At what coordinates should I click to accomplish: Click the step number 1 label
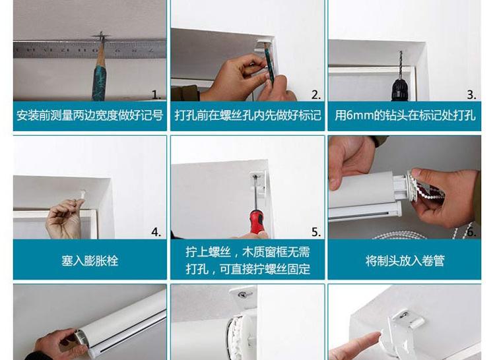(156, 94)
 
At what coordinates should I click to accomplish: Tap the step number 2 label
(316, 94)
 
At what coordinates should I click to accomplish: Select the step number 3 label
(472, 94)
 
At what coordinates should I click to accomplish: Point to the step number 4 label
(156, 232)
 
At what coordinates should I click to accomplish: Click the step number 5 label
(316, 232)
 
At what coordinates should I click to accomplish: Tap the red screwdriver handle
(257, 222)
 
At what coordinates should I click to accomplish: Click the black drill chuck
(400, 90)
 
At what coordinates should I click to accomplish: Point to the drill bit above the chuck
(401, 65)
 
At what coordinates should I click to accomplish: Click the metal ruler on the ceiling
(90, 49)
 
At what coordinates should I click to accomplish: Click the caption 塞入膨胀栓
(90, 260)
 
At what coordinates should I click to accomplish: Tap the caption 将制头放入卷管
(405, 260)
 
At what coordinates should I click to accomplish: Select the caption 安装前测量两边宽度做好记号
(90, 115)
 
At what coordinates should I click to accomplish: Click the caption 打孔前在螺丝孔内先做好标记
(247, 115)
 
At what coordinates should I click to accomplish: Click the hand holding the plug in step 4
(63, 218)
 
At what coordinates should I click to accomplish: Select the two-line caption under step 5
(247, 260)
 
